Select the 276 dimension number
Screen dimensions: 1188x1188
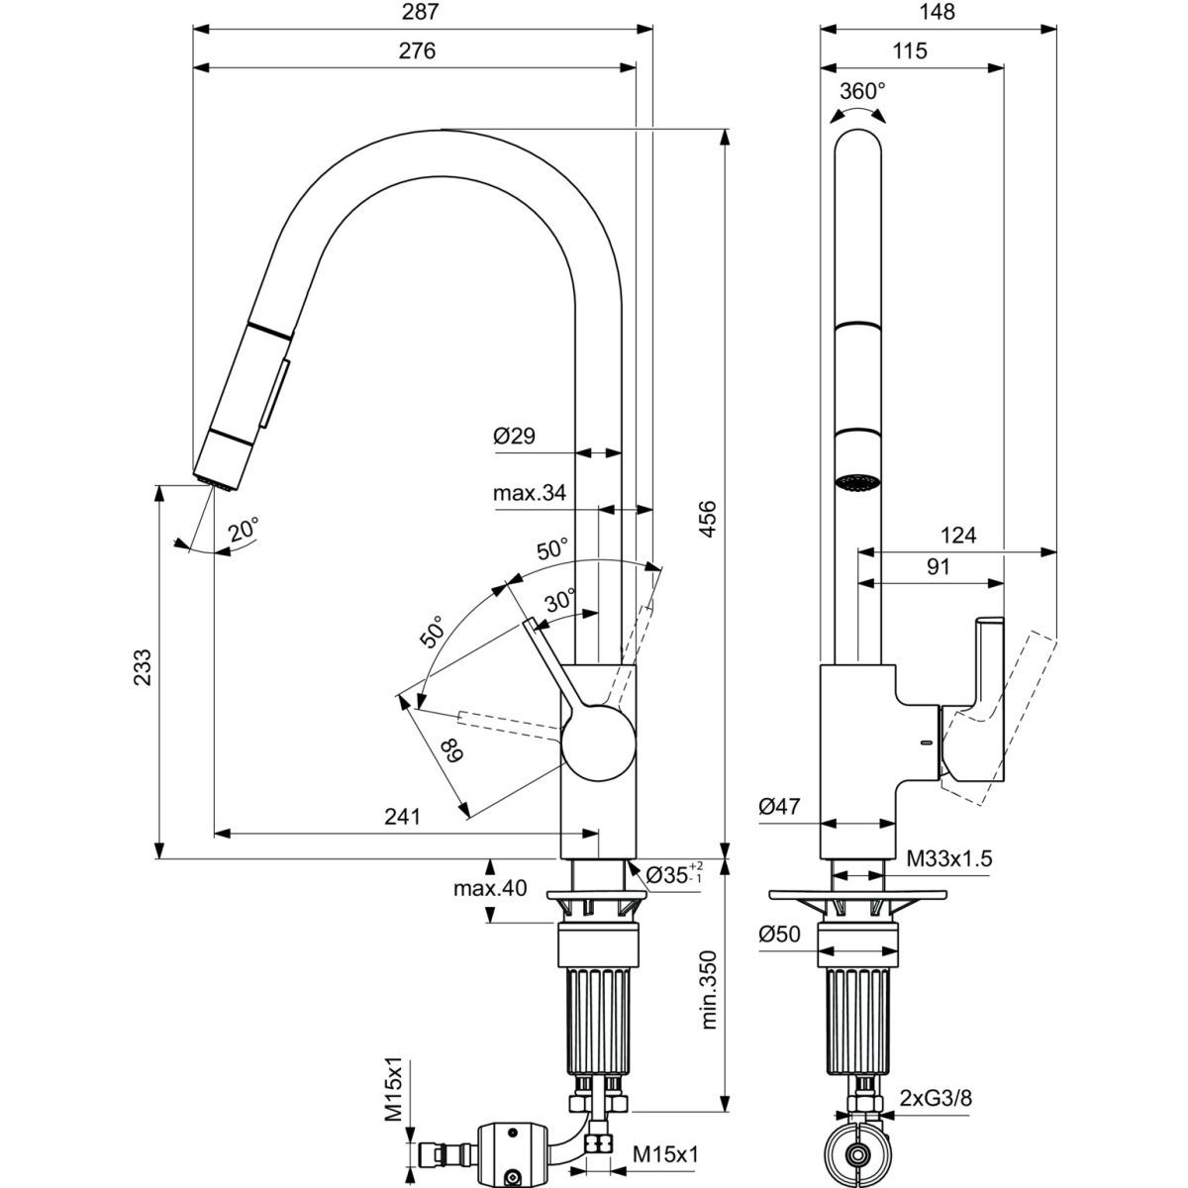click(417, 50)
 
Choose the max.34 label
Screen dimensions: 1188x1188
click(531, 492)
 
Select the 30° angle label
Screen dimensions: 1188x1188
click(559, 600)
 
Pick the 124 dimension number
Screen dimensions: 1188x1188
click(957, 536)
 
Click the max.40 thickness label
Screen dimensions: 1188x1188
click(490, 888)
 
